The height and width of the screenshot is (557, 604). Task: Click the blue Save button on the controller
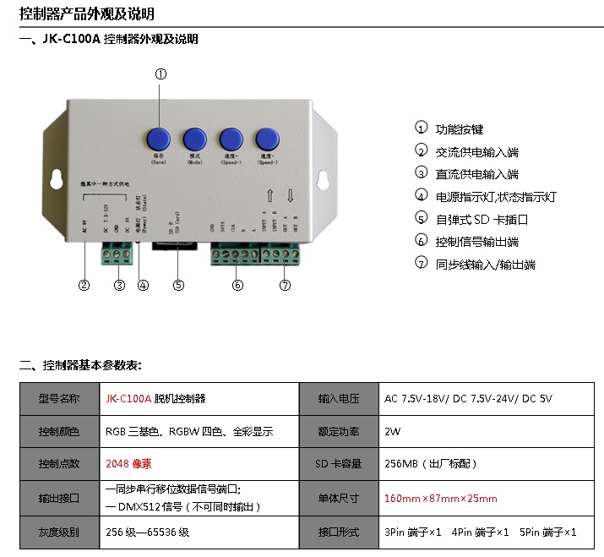coord(159,139)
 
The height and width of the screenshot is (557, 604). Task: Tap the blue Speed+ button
coord(231,139)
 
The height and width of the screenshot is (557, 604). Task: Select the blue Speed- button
coord(269,139)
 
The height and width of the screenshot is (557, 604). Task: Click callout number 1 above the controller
coord(161,74)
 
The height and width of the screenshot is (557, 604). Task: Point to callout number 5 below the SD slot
coord(178,286)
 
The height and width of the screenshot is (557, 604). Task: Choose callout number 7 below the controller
coord(285,286)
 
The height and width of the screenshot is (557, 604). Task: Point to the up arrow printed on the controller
coord(269,196)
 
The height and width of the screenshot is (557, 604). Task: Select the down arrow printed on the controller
coord(290,196)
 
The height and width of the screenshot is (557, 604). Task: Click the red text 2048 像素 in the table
coord(129,464)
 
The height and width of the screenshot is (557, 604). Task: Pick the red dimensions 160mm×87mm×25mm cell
coord(441,499)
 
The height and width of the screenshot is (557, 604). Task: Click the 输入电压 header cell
coord(338,398)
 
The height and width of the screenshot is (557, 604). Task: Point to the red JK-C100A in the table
coord(128,398)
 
